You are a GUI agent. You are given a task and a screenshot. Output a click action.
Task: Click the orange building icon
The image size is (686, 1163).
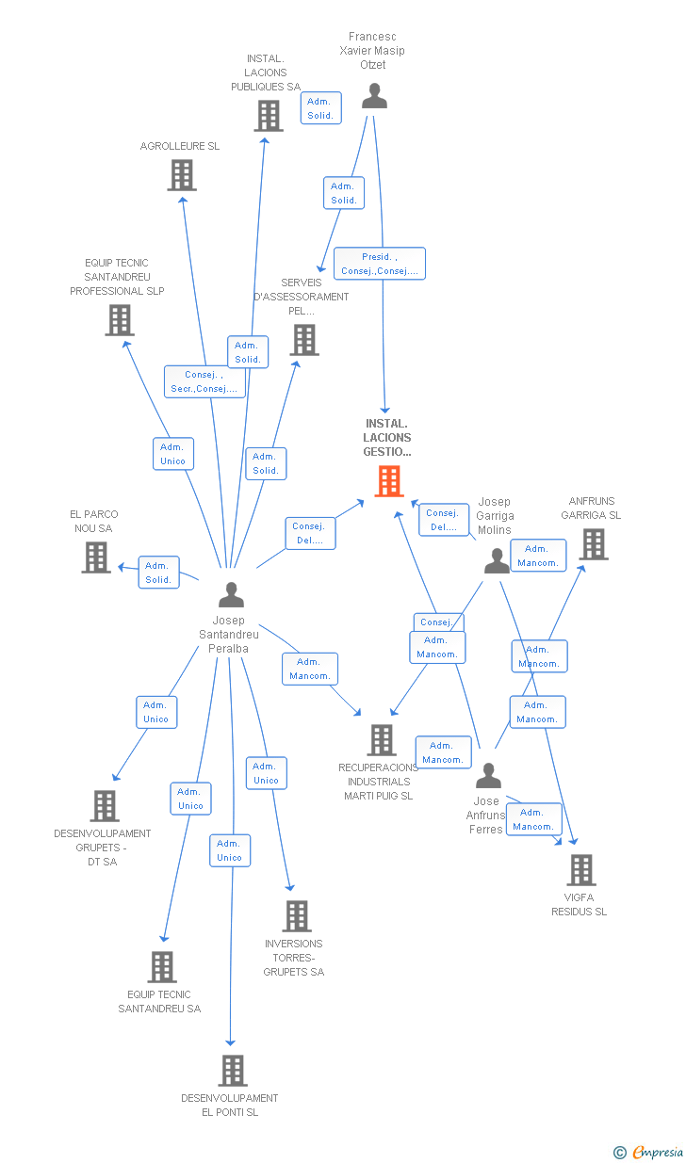(x=388, y=481)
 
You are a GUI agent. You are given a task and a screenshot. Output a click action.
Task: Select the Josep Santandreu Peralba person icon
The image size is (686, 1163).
(x=231, y=594)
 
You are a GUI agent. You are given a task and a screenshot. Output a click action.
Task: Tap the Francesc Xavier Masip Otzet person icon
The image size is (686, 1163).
(x=374, y=96)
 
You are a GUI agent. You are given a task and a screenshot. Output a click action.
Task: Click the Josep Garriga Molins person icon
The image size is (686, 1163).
(x=497, y=561)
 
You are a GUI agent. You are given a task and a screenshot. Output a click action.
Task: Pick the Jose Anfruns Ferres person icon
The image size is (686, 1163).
(x=488, y=776)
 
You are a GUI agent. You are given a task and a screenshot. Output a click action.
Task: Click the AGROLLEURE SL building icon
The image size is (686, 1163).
(x=182, y=175)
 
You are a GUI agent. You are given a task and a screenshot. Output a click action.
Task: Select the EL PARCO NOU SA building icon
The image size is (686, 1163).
(x=96, y=557)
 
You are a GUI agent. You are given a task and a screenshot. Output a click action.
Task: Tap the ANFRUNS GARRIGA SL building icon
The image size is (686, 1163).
(x=593, y=544)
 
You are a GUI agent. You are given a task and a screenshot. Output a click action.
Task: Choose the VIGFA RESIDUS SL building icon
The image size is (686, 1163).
(x=581, y=870)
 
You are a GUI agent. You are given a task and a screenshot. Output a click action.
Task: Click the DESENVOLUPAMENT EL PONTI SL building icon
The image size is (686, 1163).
(x=233, y=1071)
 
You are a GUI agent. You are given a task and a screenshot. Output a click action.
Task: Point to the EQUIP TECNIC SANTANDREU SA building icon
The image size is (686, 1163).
(x=162, y=967)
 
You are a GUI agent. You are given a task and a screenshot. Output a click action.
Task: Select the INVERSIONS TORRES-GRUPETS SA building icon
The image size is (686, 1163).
(x=297, y=916)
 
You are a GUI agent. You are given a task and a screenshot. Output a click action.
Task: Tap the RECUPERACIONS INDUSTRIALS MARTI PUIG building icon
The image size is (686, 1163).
(x=381, y=740)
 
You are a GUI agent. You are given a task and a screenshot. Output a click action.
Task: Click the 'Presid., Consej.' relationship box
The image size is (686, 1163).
(x=380, y=264)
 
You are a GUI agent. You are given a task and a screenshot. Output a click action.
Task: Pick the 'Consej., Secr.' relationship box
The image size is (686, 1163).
(x=204, y=381)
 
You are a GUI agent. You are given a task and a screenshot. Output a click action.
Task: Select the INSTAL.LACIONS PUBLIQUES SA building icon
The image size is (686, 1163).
(x=269, y=116)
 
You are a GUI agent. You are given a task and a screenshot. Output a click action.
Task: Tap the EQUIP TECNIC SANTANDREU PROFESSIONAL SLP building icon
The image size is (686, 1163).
(x=120, y=321)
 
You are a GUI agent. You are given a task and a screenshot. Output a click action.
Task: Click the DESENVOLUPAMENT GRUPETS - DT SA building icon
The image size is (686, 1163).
(x=105, y=806)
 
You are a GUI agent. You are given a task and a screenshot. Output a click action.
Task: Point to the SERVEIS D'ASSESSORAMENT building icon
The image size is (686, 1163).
(x=304, y=340)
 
